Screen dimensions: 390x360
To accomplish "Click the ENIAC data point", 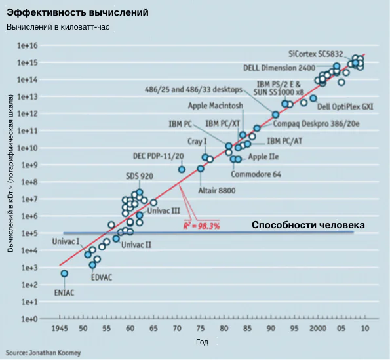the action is pos(64,273).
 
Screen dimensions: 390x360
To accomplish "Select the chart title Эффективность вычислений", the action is pos(77,12).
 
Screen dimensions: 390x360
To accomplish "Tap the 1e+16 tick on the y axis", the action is pos(28,45).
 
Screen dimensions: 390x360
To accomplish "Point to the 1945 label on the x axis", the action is pos(60,329).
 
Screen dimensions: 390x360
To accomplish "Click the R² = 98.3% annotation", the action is pos(202,226).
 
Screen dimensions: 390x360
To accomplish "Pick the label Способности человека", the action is pos(308,225).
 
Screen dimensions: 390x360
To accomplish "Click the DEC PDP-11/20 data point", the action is pos(182,170).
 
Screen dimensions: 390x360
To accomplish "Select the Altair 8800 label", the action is pos(217,191).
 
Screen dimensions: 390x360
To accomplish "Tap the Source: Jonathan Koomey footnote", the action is pos(43,353).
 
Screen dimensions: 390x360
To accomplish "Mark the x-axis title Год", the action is pos(202,342).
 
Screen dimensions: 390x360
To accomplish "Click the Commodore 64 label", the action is pos(256,174).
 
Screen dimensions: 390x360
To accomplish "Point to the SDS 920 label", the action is pos(140,176).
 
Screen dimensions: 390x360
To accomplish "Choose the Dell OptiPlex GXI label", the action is pos(345,106).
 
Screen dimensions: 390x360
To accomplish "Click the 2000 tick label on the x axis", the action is pos(318,329).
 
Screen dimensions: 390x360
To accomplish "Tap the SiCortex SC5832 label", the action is pos(316,54).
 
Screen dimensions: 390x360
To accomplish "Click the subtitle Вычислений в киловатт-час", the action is pos(58,27).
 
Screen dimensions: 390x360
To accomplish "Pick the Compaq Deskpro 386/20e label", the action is pos(317,124).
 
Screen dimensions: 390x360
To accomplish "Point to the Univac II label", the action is pos(136,245).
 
